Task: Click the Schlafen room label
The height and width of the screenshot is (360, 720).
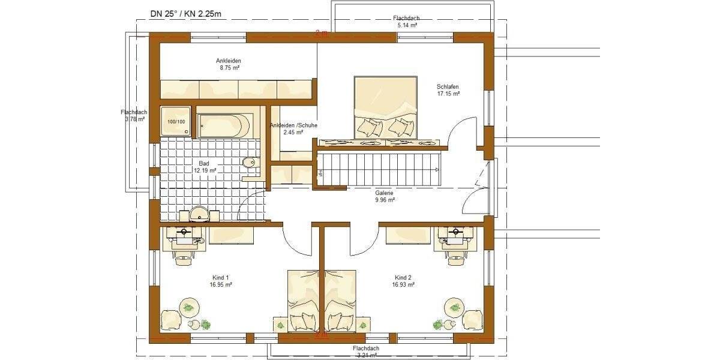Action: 448,90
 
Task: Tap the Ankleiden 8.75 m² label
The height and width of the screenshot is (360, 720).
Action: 228,64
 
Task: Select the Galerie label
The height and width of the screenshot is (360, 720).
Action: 384,196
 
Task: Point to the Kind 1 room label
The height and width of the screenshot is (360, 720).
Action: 220,281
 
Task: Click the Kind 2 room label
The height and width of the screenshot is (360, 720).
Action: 403,281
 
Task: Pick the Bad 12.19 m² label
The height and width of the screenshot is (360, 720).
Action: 205,166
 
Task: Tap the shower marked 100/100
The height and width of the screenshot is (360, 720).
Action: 176,122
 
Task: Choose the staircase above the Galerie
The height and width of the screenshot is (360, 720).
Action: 379,169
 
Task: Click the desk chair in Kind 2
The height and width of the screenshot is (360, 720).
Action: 458,257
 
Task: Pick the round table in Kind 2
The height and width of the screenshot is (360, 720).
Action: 454,308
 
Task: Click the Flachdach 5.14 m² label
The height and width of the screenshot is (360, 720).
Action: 407,22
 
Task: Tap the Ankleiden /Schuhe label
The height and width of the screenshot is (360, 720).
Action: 293,128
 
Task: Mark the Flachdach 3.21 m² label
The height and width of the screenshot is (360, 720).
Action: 365,352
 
